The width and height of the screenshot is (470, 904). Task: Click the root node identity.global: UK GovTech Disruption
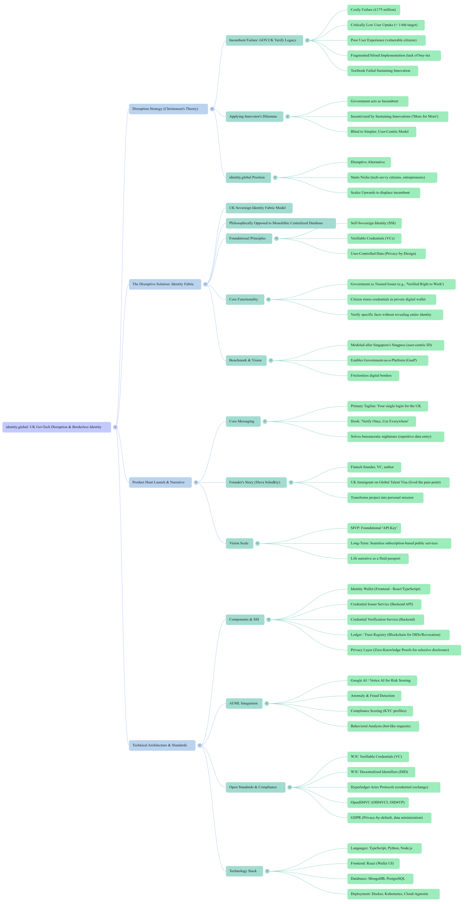click(x=57, y=427)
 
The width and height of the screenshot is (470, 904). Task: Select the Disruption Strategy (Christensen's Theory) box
click(x=168, y=109)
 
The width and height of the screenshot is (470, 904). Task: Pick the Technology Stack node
click(x=244, y=871)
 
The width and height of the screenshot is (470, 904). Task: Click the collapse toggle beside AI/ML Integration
click(x=267, y=703)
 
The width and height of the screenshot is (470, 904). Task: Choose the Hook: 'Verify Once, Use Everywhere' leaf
click(x=382, y=421)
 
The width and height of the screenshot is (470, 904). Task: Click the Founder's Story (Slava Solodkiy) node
click(x=256, y=483)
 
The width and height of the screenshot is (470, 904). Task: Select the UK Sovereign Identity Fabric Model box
click(x=259, y=208)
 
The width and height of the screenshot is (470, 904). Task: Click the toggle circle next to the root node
click(x=115, y=427)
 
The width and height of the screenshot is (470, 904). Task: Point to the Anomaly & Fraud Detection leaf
click(x=374, y=696)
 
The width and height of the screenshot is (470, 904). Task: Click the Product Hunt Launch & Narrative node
click(x=160, y=483)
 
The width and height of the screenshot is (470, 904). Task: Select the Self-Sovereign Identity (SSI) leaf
click(x=374, y=223)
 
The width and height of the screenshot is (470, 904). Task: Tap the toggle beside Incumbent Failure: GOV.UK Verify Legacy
click(x=307, y=40)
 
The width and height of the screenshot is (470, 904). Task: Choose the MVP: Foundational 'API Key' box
click(x=374, y=528)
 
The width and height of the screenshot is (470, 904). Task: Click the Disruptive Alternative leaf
click(x=369, y=162)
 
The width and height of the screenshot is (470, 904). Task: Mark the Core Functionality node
click(x=245, y=300)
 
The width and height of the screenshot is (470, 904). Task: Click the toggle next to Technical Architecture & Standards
click(x=199, y=745)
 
